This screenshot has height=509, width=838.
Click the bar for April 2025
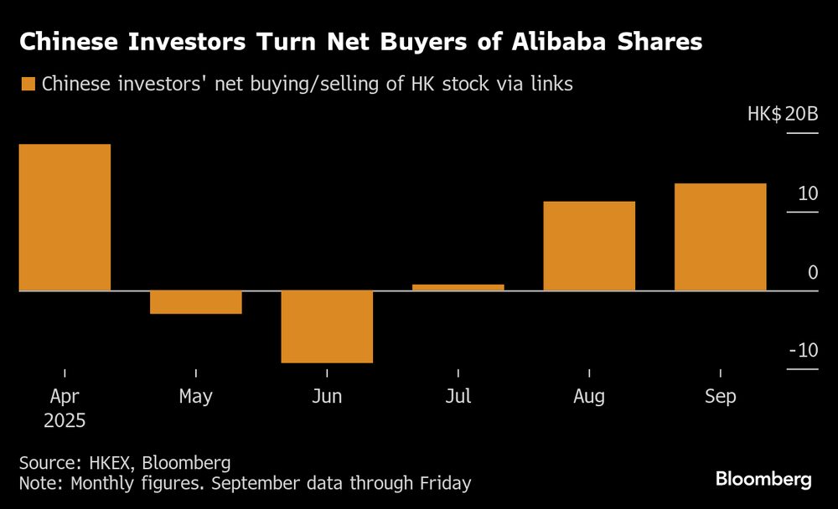65,217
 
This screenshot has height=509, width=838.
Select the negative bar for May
196,302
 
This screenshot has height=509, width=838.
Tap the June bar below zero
327,326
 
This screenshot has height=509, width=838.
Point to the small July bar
458,287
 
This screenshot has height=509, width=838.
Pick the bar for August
589,246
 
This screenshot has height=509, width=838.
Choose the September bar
721,237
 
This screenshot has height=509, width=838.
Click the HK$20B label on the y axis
783,113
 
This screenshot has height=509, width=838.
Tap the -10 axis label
804,351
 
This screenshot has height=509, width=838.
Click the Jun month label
327,396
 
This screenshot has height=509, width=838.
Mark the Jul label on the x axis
458,396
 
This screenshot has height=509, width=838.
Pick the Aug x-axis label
589,396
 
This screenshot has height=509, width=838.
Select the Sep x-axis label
721,396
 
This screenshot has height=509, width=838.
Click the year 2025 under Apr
65,420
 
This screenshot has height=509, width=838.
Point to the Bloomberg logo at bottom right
763,479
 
